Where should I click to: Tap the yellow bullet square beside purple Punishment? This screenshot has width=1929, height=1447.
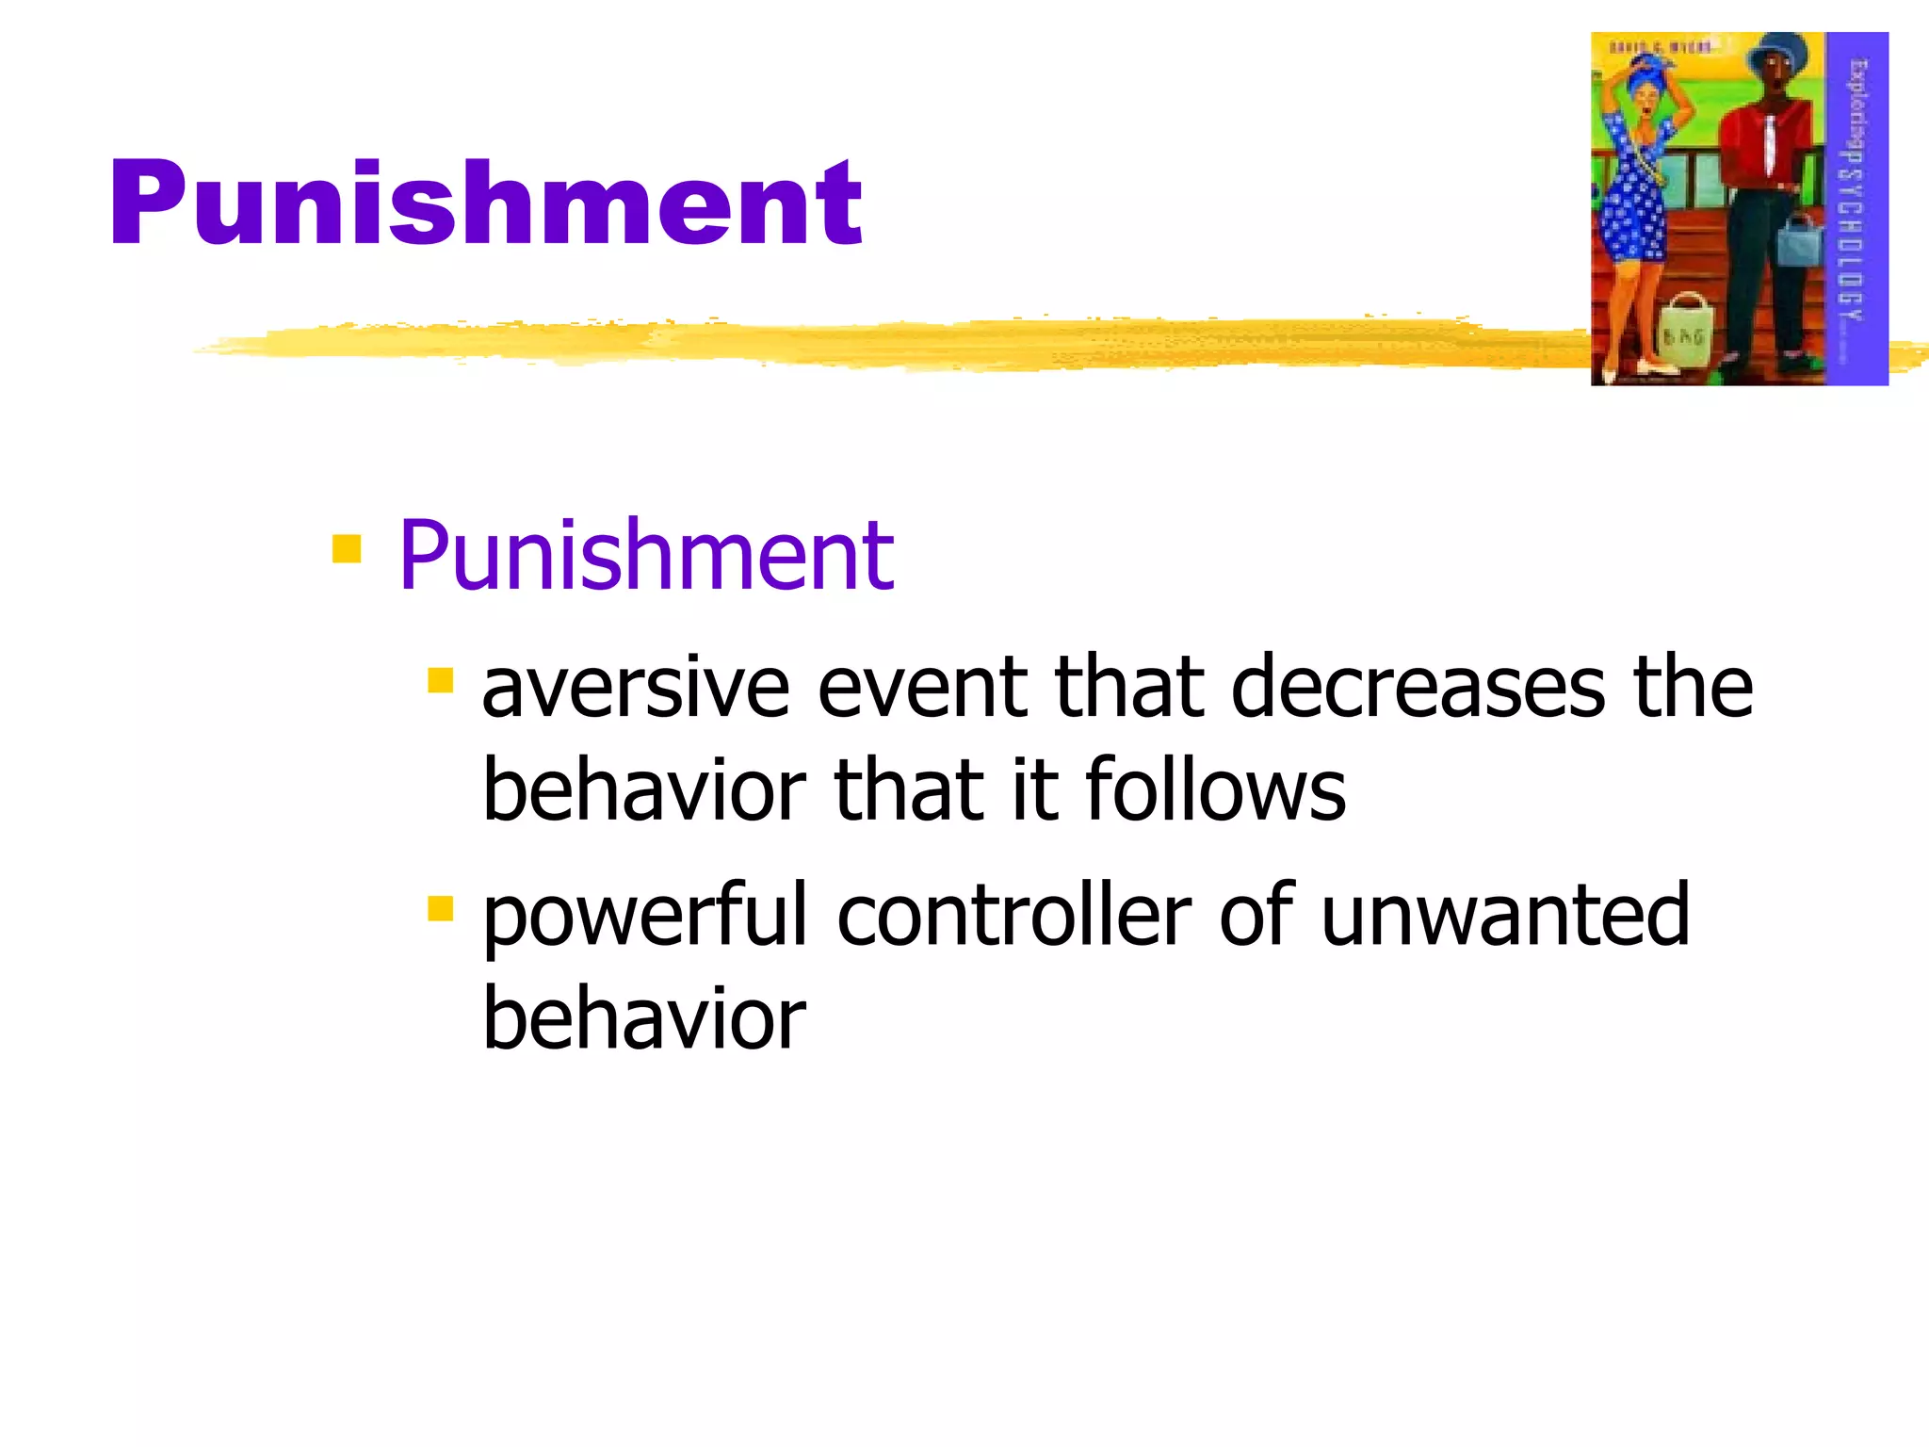pos(347,548)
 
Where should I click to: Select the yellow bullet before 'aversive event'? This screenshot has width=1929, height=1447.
pos(440,680)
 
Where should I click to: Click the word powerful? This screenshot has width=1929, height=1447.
pos(645,916)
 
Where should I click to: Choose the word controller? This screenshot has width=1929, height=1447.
pos(1013,916)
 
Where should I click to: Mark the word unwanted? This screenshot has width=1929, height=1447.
pos(1505,916)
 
